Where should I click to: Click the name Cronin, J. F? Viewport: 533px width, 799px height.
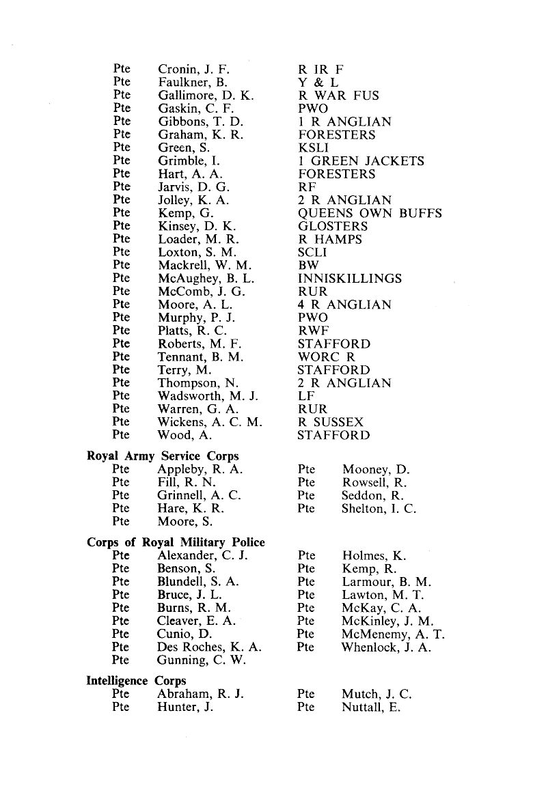tap(194, 69)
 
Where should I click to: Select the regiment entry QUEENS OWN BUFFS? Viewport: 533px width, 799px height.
tap(370, 213)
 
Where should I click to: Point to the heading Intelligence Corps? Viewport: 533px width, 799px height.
tap(137, 681)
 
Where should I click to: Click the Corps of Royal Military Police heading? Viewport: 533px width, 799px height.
tap(176, 542)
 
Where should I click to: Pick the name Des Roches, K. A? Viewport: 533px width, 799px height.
tap(209, 647)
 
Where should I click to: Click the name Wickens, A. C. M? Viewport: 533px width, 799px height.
tap(210, 422)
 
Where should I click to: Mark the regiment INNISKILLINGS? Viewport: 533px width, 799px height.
tap(350, 279)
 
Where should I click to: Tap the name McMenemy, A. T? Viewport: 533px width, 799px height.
tap(394, 634)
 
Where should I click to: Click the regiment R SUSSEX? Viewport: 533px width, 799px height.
tap(331, 422)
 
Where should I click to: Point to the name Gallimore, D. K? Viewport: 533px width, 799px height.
tap(206, 96)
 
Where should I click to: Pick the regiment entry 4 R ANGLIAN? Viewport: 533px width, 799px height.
tap(344, 305)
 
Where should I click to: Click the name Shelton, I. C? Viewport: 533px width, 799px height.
tap(379, 508)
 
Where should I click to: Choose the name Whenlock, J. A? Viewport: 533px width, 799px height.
tap(386, 647)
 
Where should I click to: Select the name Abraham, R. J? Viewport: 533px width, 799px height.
tap(201, 695)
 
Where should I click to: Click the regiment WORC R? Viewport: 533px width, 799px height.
tap(327, 357)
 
